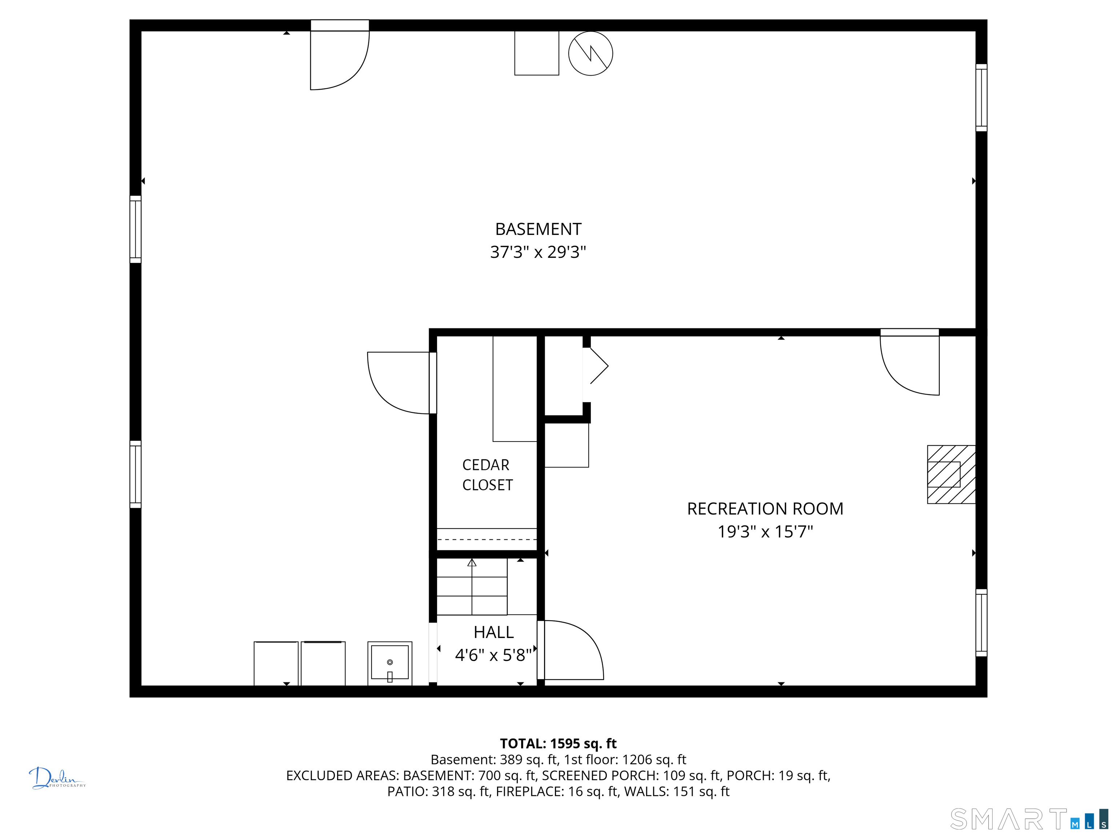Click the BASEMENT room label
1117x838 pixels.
pyautogui.click(x=538, y=230)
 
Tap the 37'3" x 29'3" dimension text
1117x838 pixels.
pyautogui.click(x=538, y=252)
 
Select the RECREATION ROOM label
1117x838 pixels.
pyautogui.click(x=765, y=509)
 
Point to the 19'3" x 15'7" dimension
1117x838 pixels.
pyautogui.click(x=765, y=532)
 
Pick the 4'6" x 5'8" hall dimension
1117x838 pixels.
pyautogui.click(x=493, y=655)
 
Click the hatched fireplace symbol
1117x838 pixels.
pyautogui.click(x=950, y=474)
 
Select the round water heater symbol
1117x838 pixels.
pyautogui.click(x=590, y=53)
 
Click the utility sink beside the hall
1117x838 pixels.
pyautogui.click(x=389, y=663)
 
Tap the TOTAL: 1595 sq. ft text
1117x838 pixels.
pyautogui.click(x=558, y=743)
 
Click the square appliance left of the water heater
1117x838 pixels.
pyautogui.click(x=536, y=53)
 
